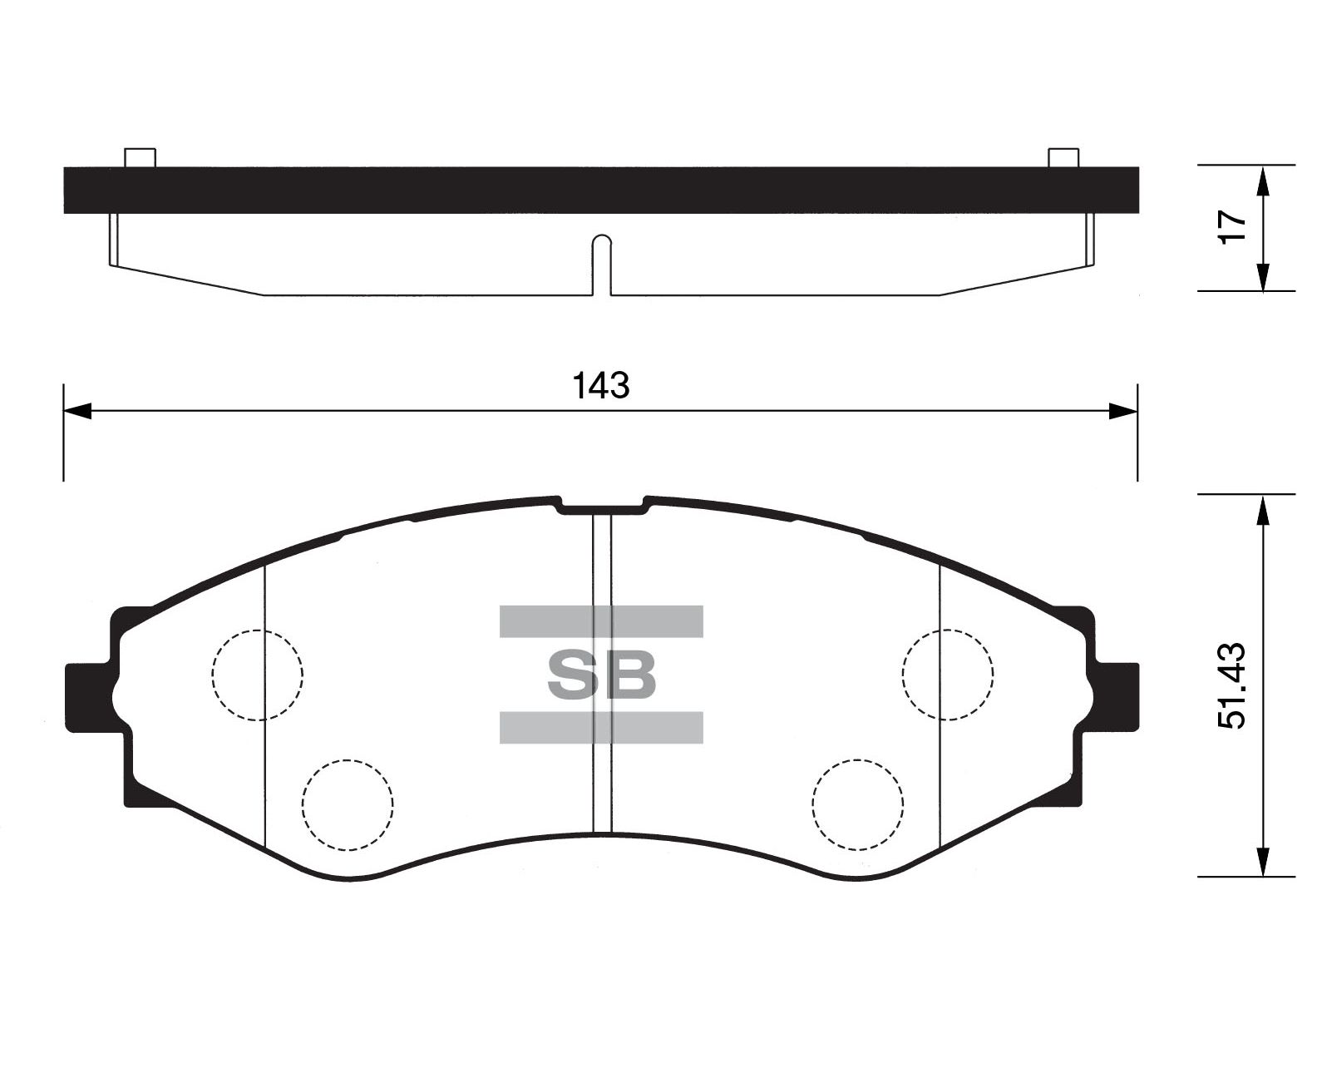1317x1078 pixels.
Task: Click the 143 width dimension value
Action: pyautogui.click(x=601, y=386)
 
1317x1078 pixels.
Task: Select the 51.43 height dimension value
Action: pyautogui.click(x=1232, y=685)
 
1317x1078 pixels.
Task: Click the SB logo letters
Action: pyautogui.click(x=601, y=675)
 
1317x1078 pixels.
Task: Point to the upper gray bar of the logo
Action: pyautogui.click(x=601, y=621)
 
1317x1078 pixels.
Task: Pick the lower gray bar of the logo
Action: pyautogui.click(x=601, y=728)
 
